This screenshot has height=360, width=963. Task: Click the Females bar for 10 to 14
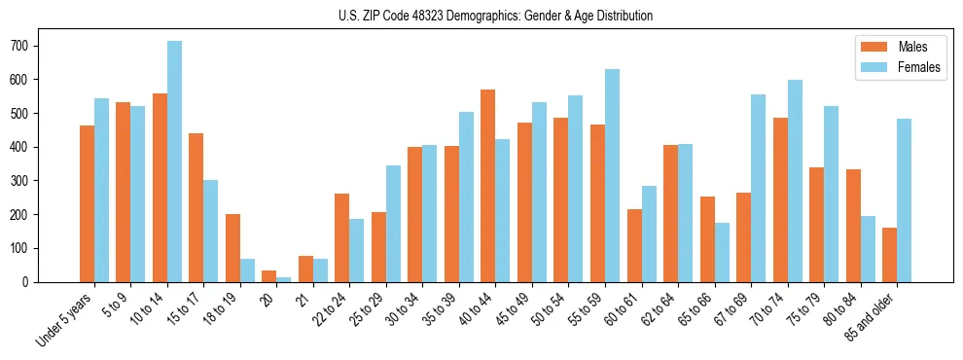(x=174, y=162)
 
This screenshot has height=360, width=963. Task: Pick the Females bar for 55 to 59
(x=612, y=176)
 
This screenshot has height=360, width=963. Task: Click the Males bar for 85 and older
(x=889, y=255)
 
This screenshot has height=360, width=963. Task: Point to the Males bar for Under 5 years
(x=87, y=203)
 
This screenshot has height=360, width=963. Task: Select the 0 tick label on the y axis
(x=31, y=282)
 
